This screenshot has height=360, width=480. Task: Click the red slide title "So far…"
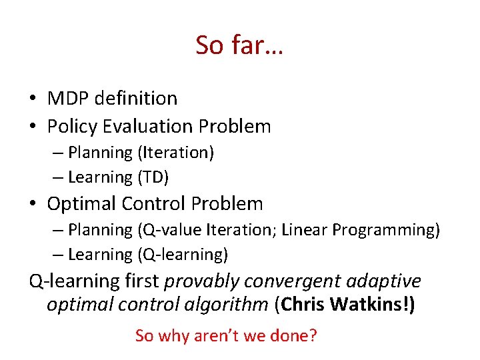coord(239,45)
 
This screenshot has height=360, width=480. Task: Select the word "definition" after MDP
coord(136,99)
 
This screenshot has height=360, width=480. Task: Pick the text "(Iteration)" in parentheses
coord(175,153)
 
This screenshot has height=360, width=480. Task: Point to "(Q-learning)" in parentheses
coord(183,255)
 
